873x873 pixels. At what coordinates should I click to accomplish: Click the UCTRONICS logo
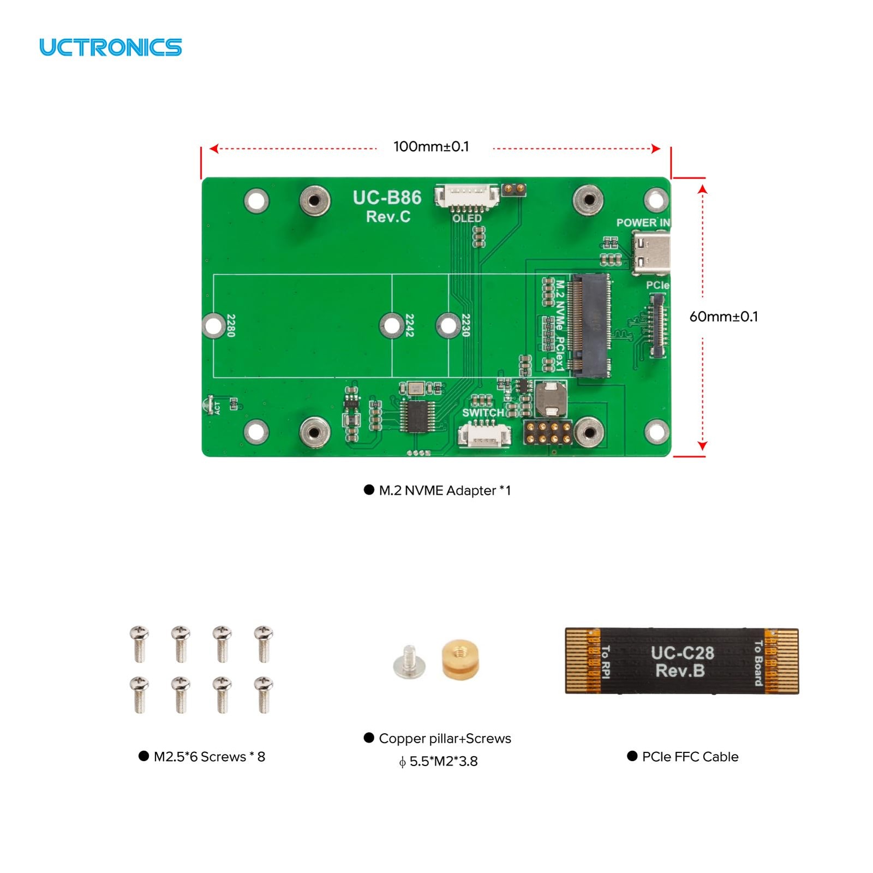110,47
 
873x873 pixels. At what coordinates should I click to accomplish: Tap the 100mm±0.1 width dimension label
431,146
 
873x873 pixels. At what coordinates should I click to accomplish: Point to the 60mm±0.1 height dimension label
723,317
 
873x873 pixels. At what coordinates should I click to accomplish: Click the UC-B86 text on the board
387,198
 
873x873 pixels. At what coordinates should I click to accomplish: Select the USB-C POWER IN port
651,253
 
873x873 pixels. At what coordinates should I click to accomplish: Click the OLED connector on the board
467,197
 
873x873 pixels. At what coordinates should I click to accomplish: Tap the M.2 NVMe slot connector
590,326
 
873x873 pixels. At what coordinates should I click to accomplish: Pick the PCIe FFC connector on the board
657,326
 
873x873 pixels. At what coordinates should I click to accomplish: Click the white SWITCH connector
484,435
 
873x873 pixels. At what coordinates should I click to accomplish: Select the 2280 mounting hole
212,325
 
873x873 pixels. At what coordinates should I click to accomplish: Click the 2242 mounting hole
391,325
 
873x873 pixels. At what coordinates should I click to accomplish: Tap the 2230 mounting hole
448,325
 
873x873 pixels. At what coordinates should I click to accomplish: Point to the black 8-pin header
548,432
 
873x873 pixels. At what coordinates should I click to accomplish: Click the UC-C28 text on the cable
682,653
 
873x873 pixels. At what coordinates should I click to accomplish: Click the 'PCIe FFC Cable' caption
690,757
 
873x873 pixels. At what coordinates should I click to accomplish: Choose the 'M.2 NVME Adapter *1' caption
444,490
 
